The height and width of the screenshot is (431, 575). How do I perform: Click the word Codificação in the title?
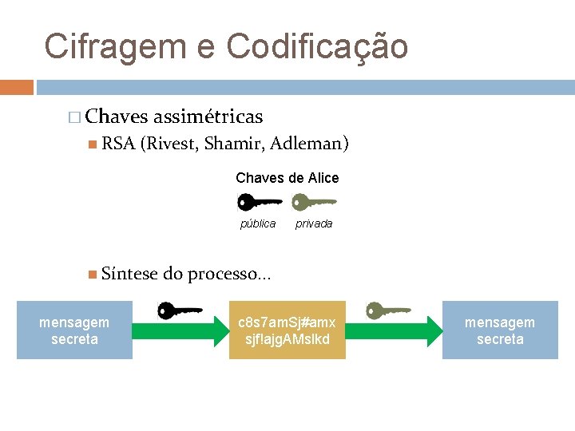tap(317, 46)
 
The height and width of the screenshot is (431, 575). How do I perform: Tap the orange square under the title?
tap(17, 86)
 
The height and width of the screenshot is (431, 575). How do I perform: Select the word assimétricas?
tap(208, 117)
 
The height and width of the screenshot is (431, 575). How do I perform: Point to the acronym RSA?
tap(118, 144)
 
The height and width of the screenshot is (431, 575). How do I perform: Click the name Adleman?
tap(309, 144)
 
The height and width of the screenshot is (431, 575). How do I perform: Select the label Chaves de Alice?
tap(287, 178)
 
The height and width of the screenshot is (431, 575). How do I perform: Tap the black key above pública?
tap(259, 202)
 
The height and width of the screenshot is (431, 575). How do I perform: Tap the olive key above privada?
tap(314, 202)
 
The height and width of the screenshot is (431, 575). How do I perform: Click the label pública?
tap(258, 224)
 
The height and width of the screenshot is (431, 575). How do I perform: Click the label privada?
tap(314, 224)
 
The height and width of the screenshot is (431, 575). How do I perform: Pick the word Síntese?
tap(130, 275)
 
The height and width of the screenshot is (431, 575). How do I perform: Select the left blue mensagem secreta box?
tap(74, 330)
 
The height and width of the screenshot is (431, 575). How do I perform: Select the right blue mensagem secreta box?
tap(500, 330)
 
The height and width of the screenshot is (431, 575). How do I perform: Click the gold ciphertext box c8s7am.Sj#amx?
tap(287, 330)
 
